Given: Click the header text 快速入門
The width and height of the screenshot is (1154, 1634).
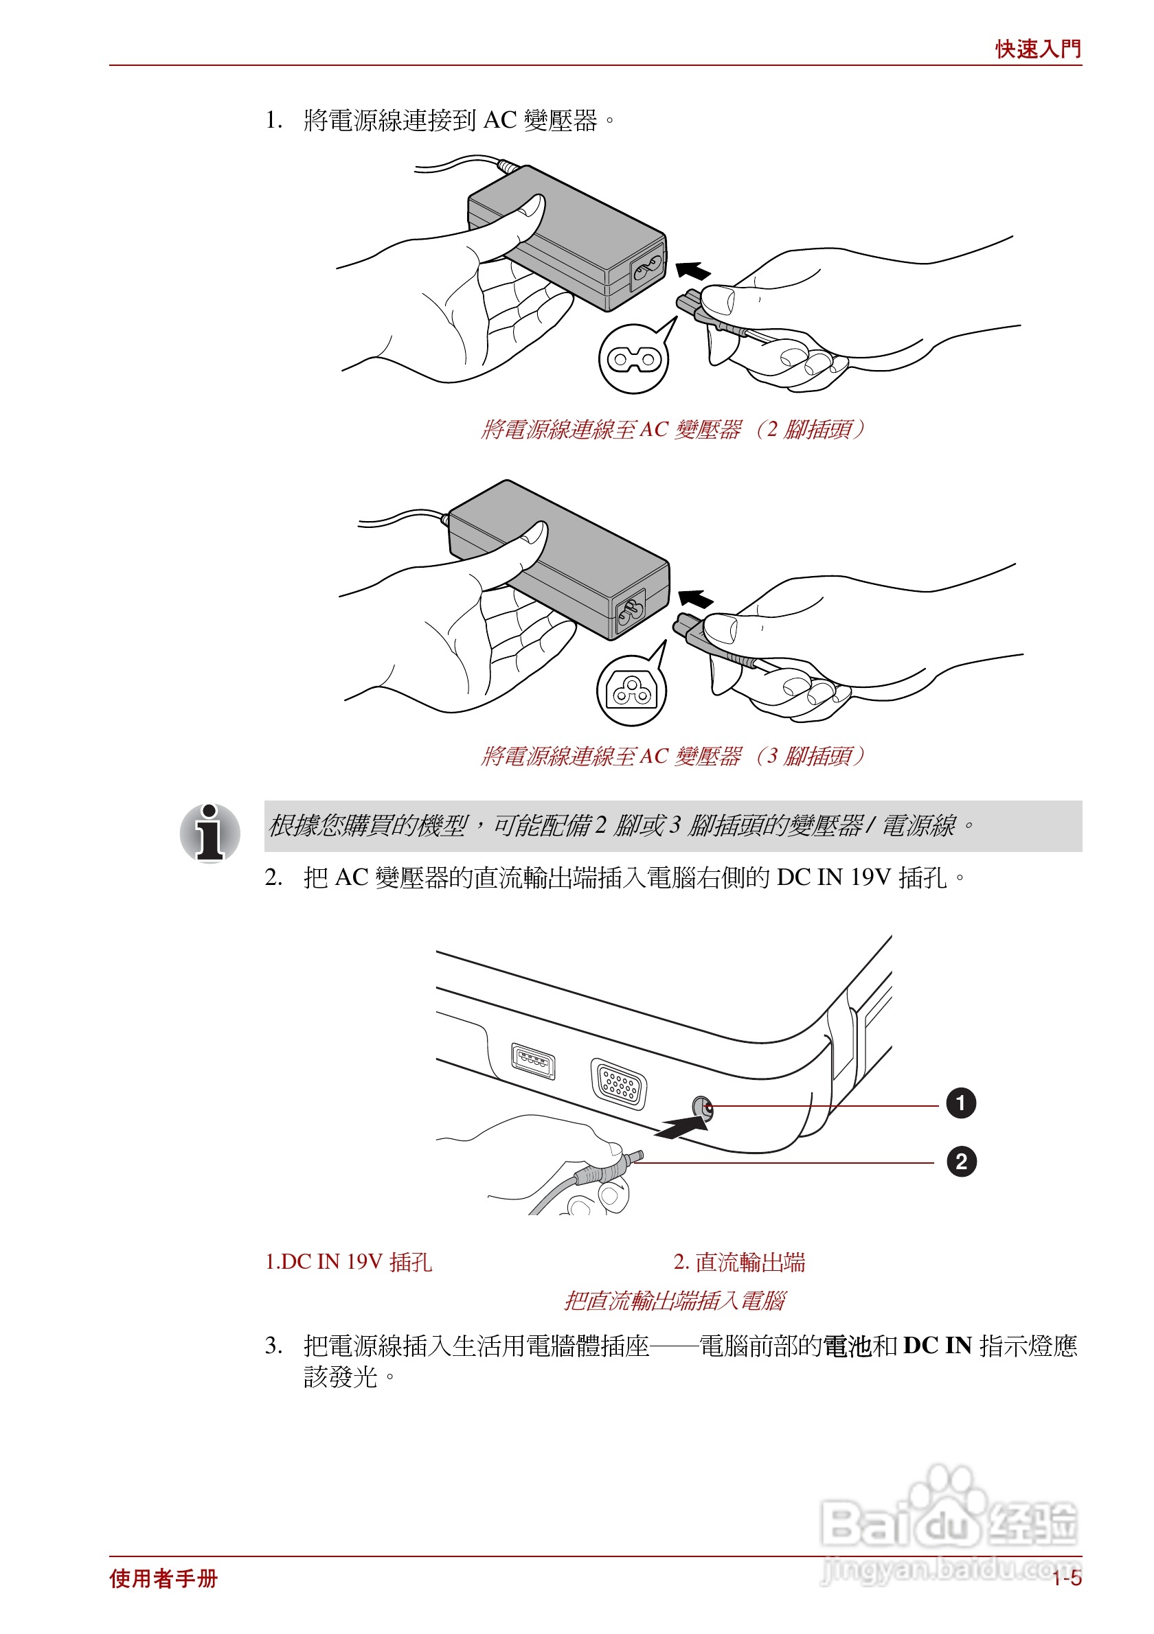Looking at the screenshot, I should (x=1037, y=49).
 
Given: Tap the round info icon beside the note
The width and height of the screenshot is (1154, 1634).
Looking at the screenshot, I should (x=210, y=833).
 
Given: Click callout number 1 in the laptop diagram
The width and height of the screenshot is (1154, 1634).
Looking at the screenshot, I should (x=960, y=1104).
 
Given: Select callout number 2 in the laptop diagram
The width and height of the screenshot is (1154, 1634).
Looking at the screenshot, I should (x=960, y=1162).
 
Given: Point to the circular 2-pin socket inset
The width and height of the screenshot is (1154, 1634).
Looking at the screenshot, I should (x=633, y=359).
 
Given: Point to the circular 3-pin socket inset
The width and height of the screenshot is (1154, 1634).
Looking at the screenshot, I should (x=631, y=690).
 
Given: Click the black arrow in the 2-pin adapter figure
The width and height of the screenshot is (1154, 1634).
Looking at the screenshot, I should (x=692, y=271).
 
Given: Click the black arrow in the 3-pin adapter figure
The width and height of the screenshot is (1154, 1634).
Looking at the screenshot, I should (x=696, y=599).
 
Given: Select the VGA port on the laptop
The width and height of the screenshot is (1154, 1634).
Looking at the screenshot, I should (x=619, y=1084).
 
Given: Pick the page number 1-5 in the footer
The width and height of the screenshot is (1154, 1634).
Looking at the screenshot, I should (x=1067, y=1578).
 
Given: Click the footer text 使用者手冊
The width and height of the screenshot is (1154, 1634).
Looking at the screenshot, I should (x=163, y=1578).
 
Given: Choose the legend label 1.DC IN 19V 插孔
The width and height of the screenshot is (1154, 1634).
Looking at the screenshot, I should (x=348, y=1262).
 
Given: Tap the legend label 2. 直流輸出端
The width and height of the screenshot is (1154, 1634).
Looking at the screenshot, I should (x=739, y=1262).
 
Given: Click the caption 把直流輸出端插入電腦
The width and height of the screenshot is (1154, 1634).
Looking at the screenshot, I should (x=673, y=1300).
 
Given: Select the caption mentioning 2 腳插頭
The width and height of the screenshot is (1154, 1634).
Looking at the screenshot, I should (x=672, y=429).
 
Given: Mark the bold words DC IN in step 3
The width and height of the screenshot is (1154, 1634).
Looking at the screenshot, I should (x=937, y=1345).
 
